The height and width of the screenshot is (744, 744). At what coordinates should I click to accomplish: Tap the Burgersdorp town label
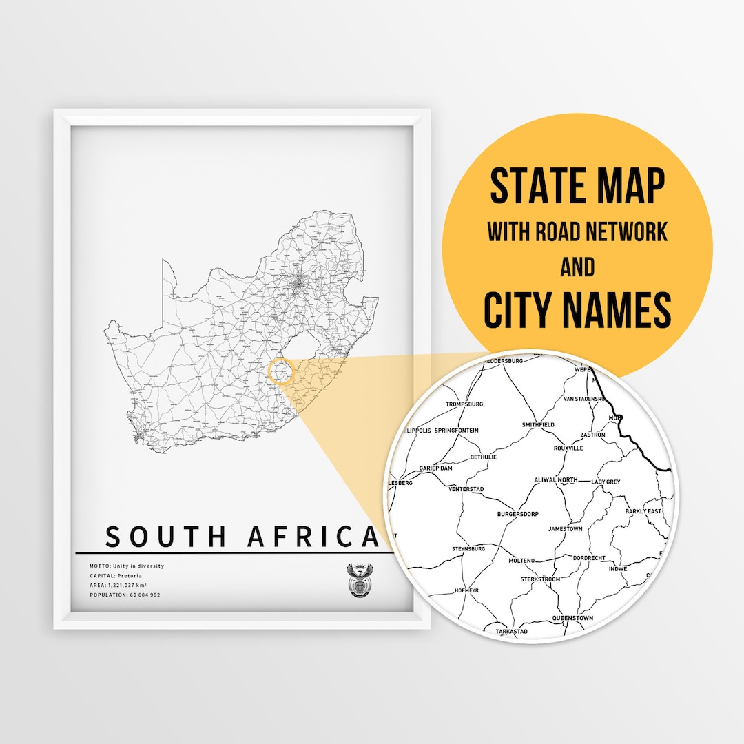click(x=517, y=514)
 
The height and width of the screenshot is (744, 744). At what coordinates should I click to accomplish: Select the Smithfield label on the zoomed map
click(x=538, y=425)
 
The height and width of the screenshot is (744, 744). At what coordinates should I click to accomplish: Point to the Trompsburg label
click(x=464, y=404)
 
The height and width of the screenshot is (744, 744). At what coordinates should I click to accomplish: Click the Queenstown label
click(x=572, y=618)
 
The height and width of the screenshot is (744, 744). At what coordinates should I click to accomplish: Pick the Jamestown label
click(x=565, y=529)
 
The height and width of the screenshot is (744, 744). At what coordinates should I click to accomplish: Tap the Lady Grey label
click(x=606, y=482)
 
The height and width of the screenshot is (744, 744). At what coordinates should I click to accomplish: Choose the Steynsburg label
click(x=468, y=548)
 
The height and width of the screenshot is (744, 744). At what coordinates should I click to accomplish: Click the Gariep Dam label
click(x=435, y=468)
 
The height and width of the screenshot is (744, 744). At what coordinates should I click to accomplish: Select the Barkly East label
click(x=643, y=511)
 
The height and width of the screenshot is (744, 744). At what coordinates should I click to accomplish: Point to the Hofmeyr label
click(x=467, y=590)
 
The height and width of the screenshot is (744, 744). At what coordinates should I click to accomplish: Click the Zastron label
click(x=592, y=435)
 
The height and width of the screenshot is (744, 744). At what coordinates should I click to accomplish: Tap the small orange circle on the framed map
click(x=280, y=372)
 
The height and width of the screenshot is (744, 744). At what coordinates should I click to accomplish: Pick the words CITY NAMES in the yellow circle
click(x=577, y=309)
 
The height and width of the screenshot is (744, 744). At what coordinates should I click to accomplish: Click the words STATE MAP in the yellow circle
click(x=577, y=187)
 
